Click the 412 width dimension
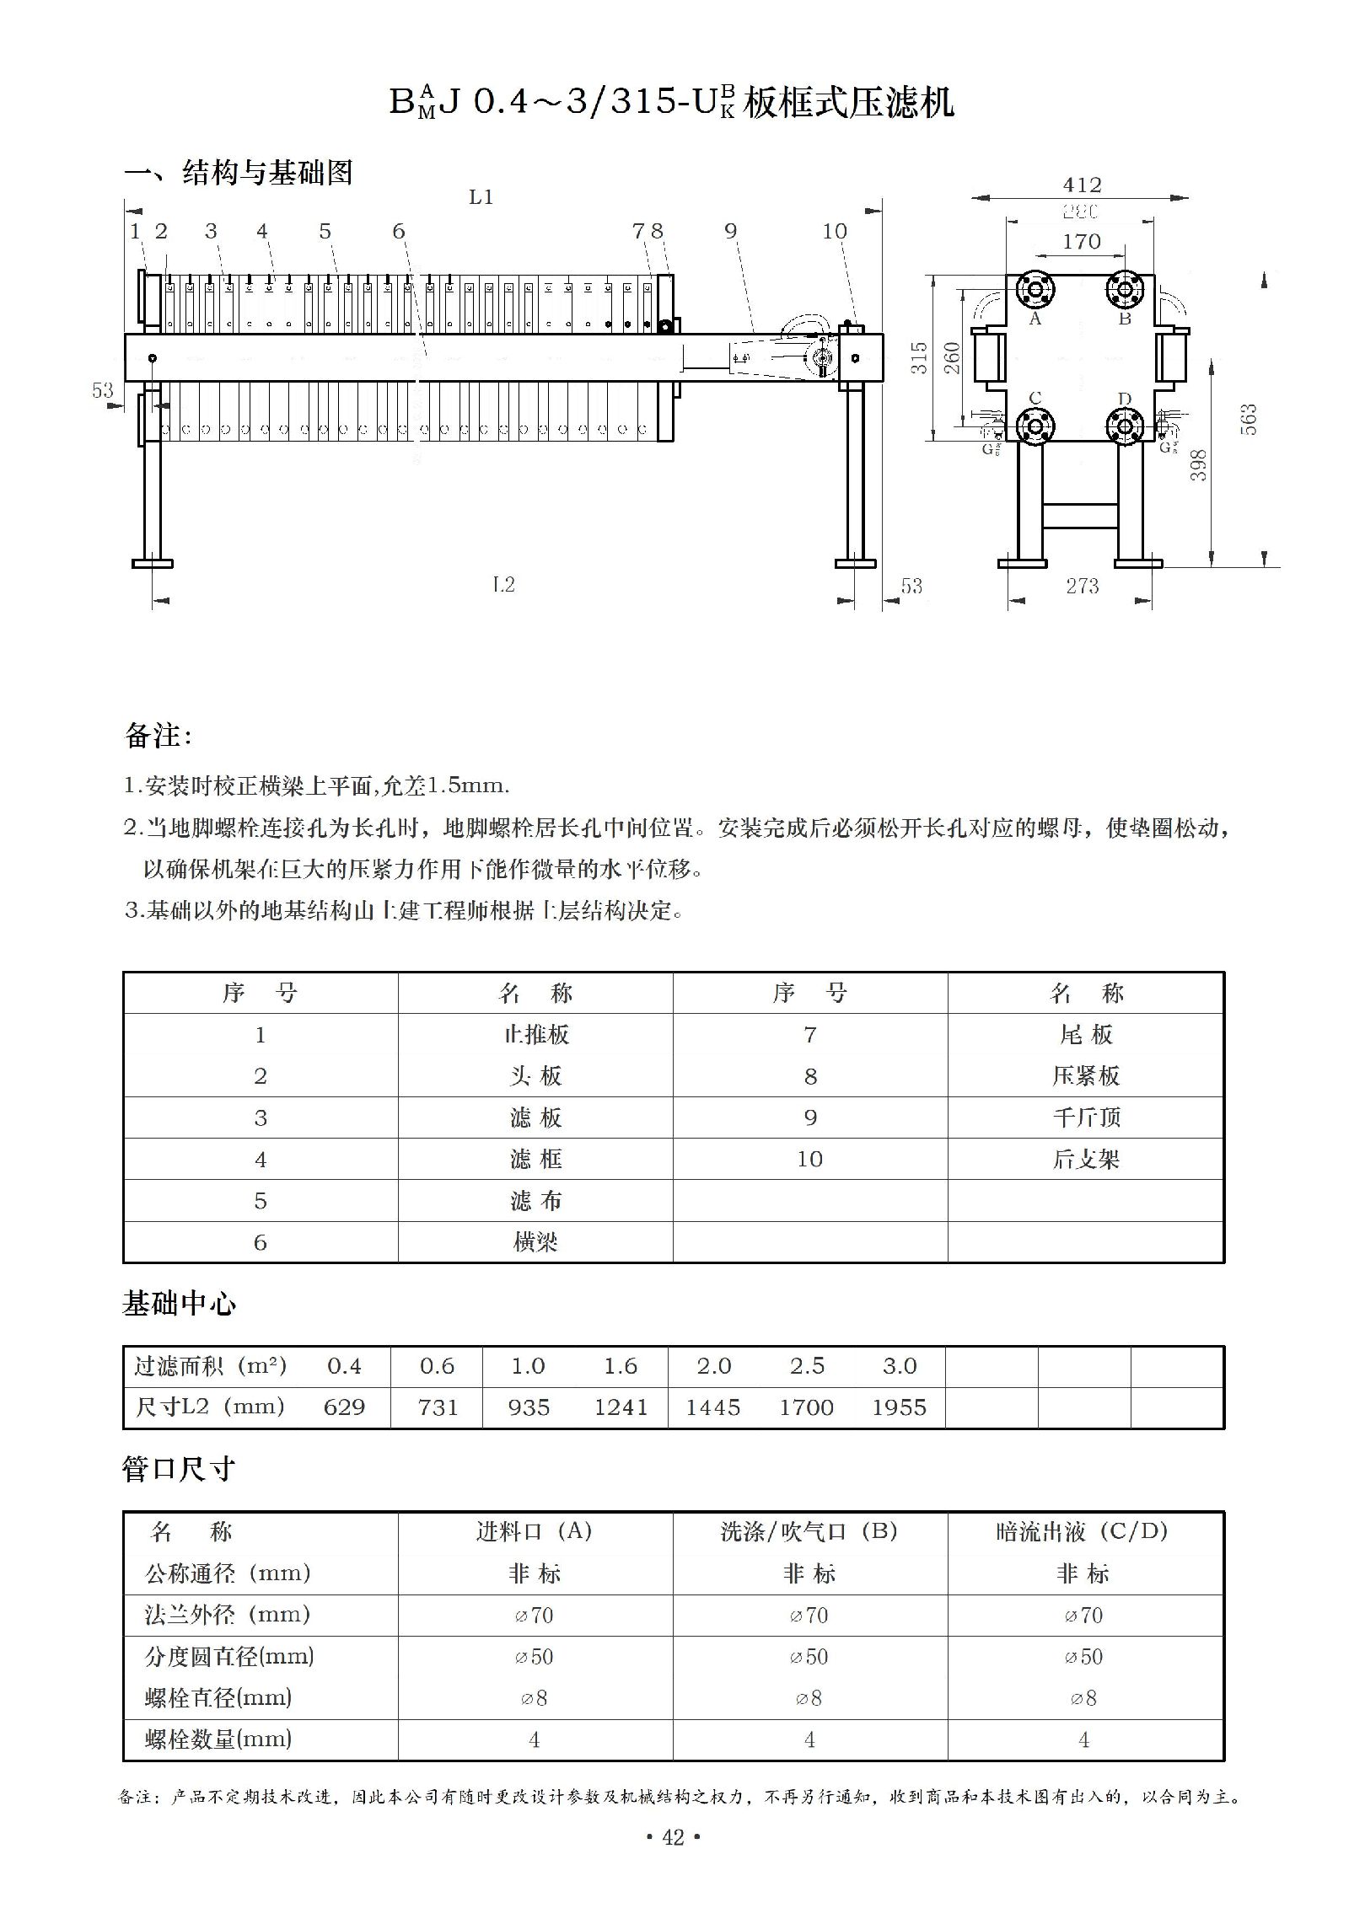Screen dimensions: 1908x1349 (x=1082, y=185)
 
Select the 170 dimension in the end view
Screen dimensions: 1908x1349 (x=1081, y=242)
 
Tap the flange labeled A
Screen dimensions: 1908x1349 (x=1035, y=290)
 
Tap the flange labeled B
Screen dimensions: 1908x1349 (x=1125, y=290)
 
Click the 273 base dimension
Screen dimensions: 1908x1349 (x=1082, y=587)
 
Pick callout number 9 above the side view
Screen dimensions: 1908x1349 (x=730, y=232)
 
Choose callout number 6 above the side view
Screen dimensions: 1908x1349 (x=399, y=232)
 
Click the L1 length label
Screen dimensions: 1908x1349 (x=481, y=198)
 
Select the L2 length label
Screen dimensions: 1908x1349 (x=503, y=585)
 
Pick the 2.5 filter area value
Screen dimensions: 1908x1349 (x=807, y=1366)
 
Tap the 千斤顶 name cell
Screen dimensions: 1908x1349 (x=1086, y=1117)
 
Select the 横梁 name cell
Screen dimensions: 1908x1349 (x=535, y=1242)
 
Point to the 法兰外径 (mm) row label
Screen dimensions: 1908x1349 (x=228, y=1615)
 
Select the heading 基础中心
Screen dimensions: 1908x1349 (x=180, y=1304)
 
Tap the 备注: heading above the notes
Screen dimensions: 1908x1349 (x=158, y=736)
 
